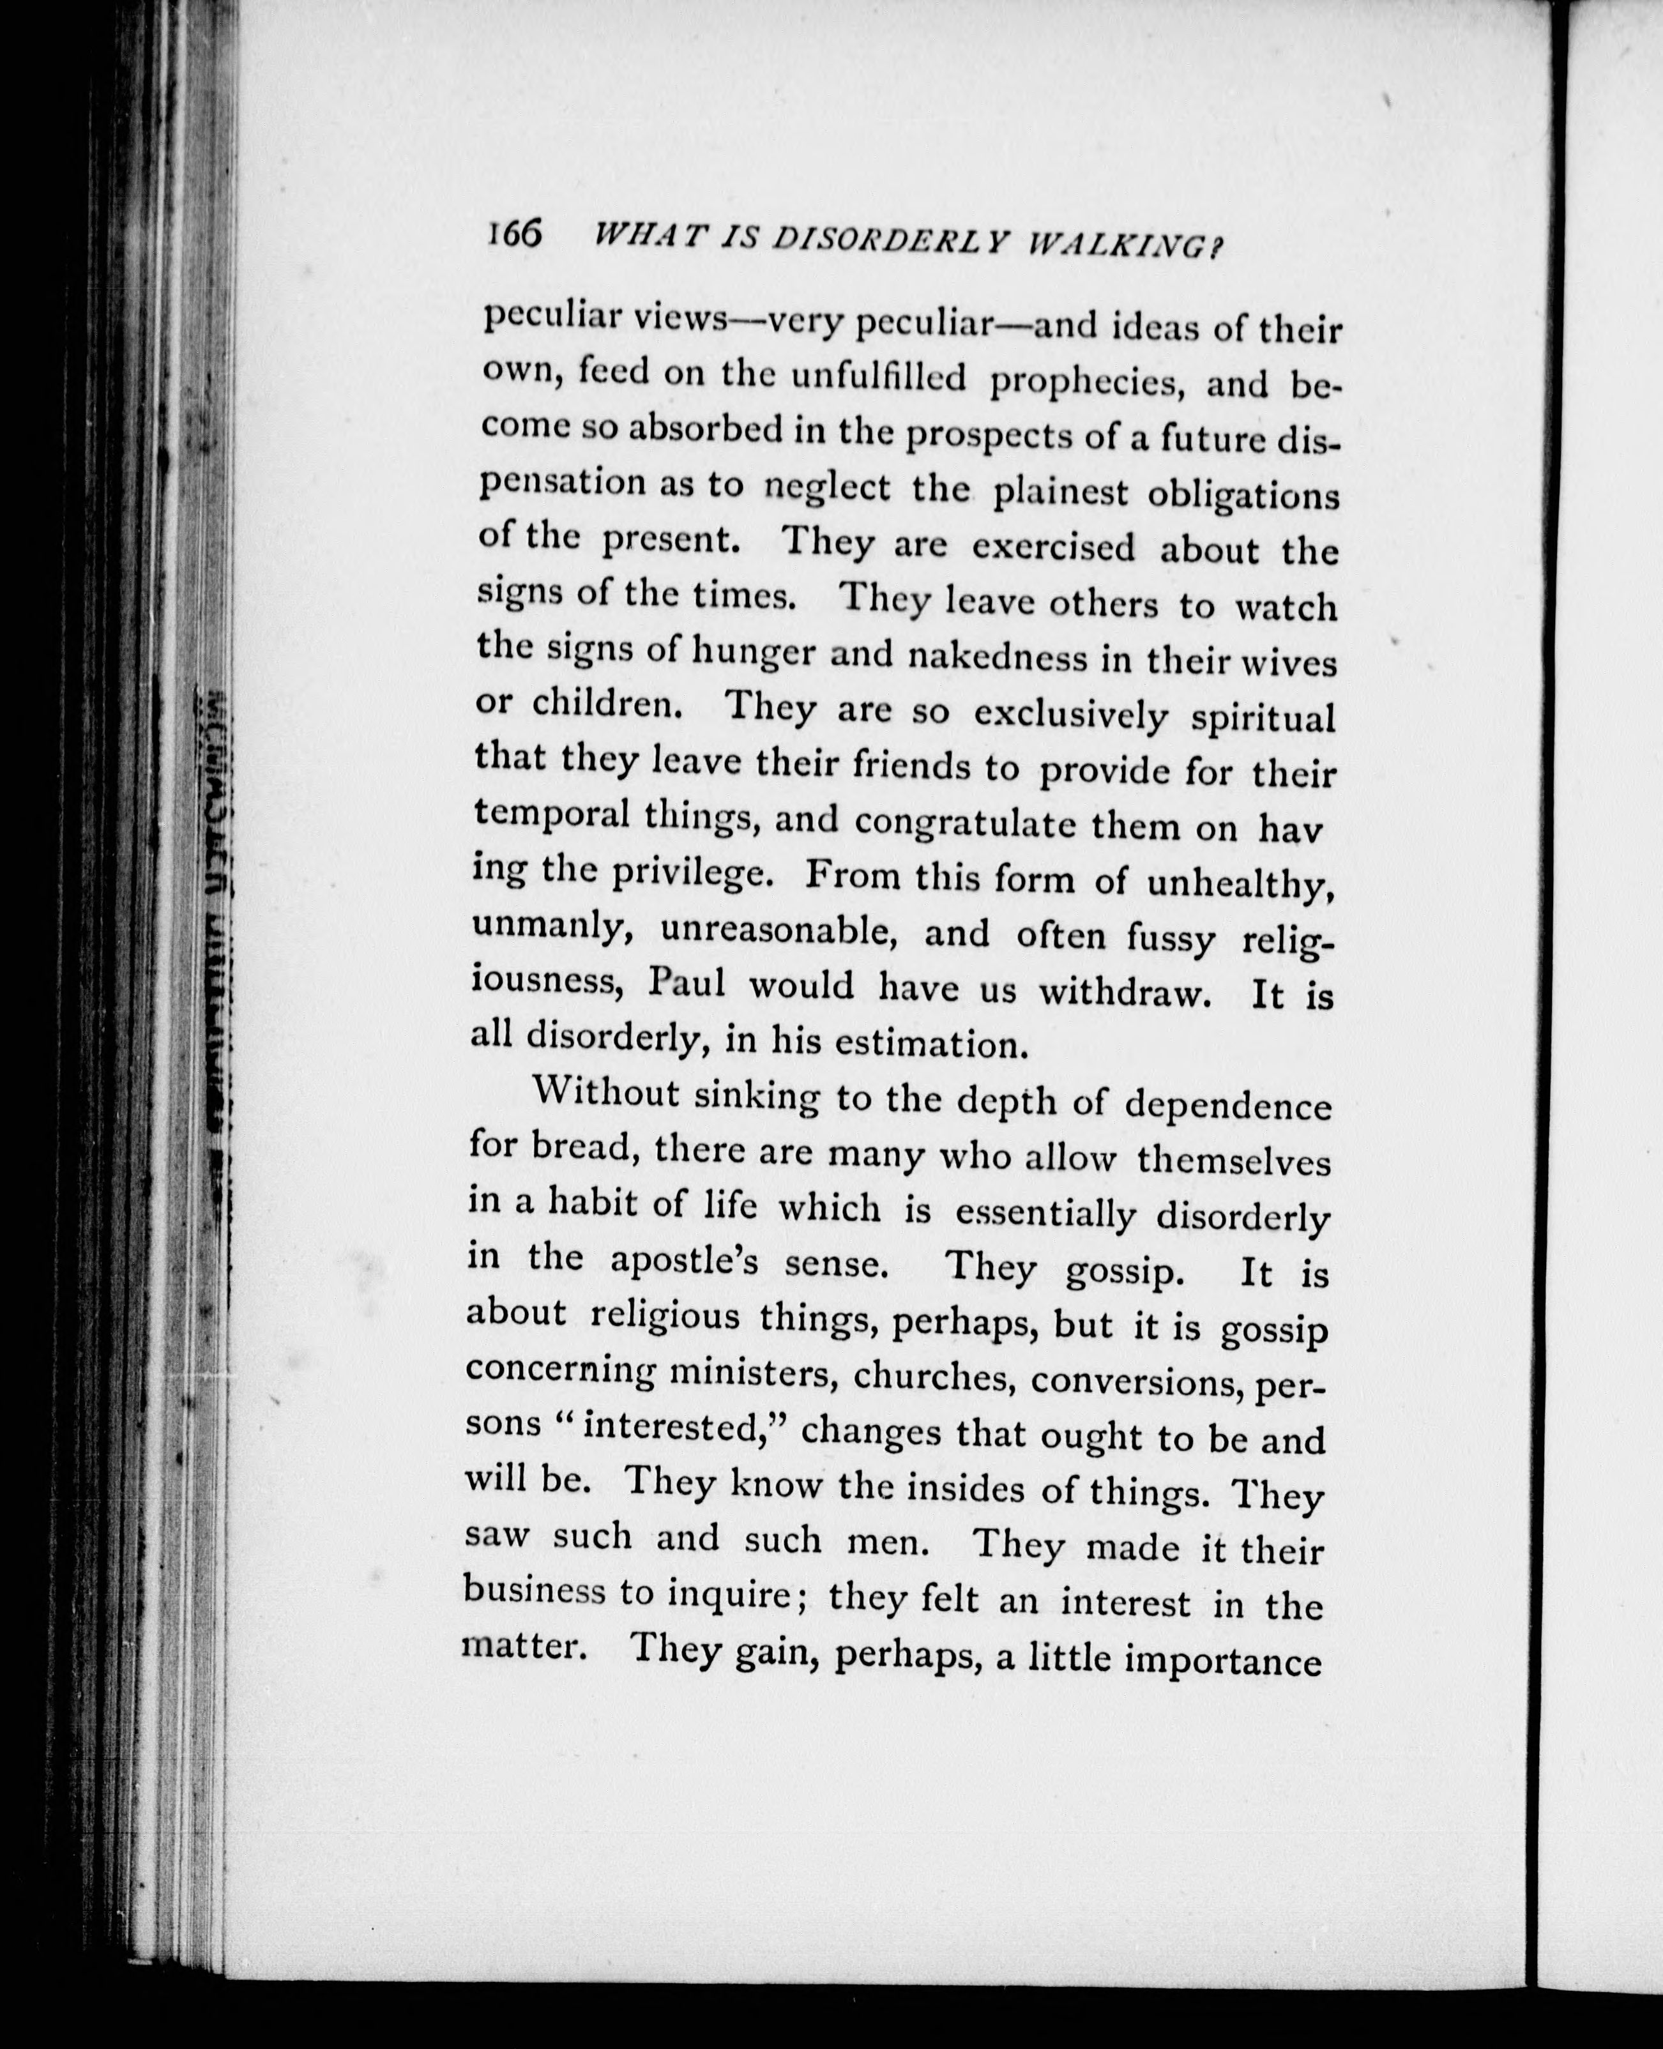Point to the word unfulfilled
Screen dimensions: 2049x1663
(879, 378)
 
